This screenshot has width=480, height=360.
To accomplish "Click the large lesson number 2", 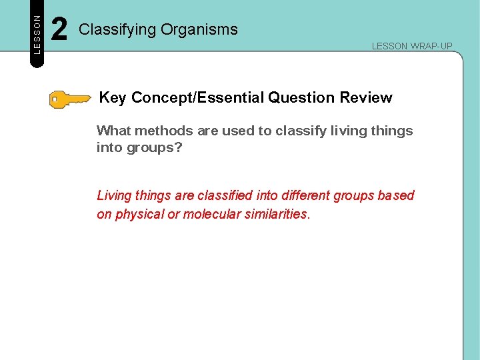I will pyautogui.click(x=59, y=30).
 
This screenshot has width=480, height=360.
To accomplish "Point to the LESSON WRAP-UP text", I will pyautogui.click(x=411, y=46).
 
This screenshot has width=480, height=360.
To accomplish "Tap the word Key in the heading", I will pyautogui.click(x=113, y=98).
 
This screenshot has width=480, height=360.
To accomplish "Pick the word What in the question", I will pyautogui.click(x=113, y=131).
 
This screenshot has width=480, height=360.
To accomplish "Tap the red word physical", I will pyautogui.click(x=139, y=215).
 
